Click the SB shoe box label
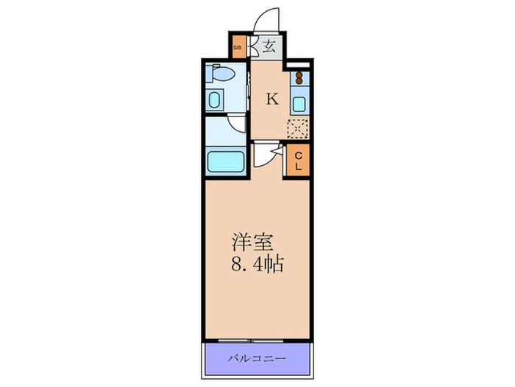pos(237,47)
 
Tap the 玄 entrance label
pos(269,46)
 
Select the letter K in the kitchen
pos(272,98)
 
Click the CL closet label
pos(298,161)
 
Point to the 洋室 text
pos(252,243)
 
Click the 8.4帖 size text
pos(257,264)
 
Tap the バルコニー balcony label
pos(257,358)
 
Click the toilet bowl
pos(221,73)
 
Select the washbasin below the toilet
pos(214,100)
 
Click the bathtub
pos(226,161)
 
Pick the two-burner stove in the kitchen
pos(299,78)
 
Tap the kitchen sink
pos(299,104)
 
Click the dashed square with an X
pos(297,129)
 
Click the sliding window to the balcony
pos(251,341)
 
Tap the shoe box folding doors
pos(252,46)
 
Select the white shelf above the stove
pos(298,65)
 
